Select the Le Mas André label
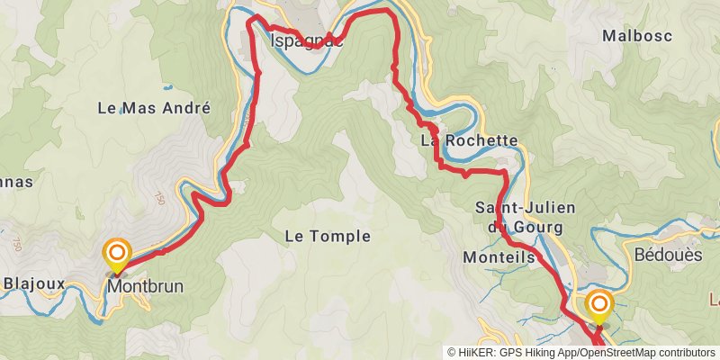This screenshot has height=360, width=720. coord(153,108)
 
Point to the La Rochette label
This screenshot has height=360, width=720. coord(469,140)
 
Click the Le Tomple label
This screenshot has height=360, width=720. coord(327,236)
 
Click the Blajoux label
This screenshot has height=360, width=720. coord(34,284)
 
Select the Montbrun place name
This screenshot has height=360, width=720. coord(145,286)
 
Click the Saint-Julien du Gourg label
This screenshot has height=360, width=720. coord(525,217)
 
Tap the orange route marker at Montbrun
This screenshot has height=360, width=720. coord(117,255)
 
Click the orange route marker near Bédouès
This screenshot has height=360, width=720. coord(599,306)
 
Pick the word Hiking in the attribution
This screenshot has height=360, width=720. coord(537,353)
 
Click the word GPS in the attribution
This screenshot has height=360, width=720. coord(508,353)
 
